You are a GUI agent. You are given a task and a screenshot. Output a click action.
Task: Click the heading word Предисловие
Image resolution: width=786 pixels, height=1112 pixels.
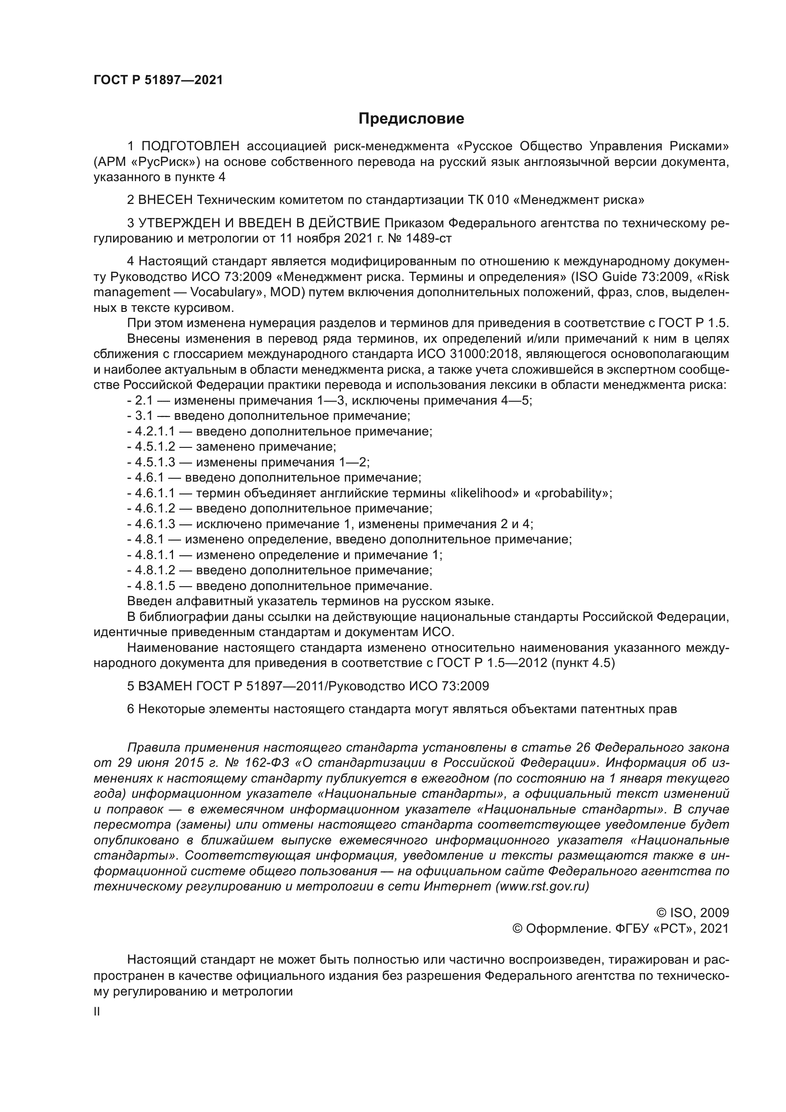pyautogui.click(x=411, y=119)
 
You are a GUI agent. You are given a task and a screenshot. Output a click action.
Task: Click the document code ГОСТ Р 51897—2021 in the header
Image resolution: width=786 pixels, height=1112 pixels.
pyautogui.click(x=158, y=80)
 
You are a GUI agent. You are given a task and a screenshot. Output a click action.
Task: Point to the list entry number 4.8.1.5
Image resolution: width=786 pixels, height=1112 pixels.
pyautogui.click(x=155, y=586)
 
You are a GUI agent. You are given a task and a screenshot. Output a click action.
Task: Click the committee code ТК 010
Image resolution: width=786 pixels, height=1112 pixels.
pyautogui.click(x=489, y=200)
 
